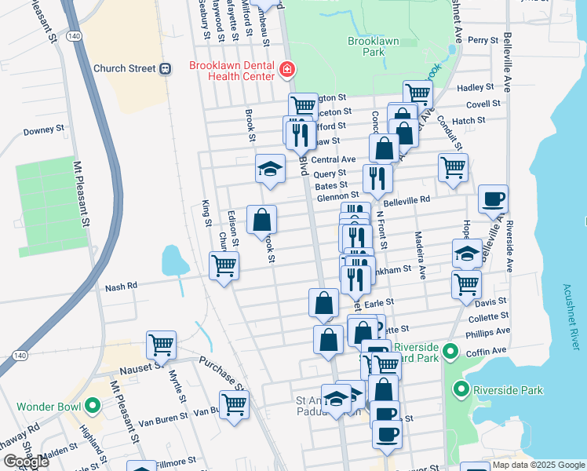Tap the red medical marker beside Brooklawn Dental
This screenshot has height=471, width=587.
(x=287, y=70)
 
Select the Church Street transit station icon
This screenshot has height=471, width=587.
(x=166, y=68)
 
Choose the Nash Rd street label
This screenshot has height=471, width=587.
(x=121, y=288)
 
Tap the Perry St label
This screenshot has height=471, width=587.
(x=483, y=40)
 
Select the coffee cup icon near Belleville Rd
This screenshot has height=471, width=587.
(x=493, y=199)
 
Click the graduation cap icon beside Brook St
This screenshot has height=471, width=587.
(x=270, y=169)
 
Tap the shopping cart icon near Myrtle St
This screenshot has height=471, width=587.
(x=161, y=343)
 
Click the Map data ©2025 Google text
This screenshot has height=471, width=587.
(x=538, y=465)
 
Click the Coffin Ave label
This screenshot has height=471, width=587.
(x=487, y=350)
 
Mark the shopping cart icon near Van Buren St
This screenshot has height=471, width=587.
(x=234, y=405)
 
